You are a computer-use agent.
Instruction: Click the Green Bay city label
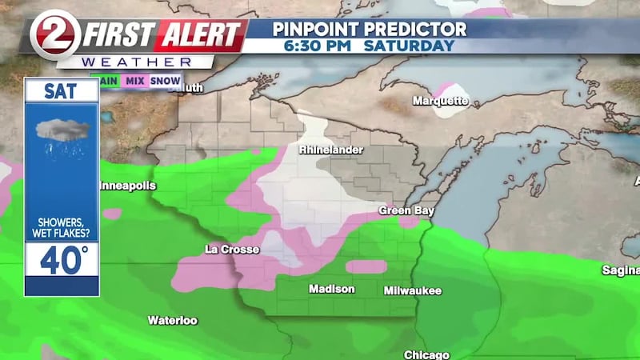click(x=400, y=210)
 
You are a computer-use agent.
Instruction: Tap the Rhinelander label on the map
click(x=331, y=150)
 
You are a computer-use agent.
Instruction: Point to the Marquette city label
click(x=440, y=101)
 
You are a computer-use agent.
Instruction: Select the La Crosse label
click(x=232, y=250)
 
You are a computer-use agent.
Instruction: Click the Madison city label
click(x=331, y=289)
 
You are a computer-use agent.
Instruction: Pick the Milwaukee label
click(x=412, y=290)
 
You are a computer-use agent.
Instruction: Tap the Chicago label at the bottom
click(x=426, y=354)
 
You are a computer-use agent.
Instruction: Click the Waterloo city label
click(x=172, y=320)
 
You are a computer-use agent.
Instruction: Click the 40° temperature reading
click(x=62, y=261)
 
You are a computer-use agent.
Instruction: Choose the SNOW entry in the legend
click(x=166, y=81)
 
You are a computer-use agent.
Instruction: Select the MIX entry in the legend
click(x=136, y=81)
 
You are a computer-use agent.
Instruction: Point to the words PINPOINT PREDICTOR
click(x=369, y=29)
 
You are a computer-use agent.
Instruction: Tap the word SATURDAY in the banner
click(x=409, y=46)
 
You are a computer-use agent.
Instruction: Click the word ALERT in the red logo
click(x=200, y=35)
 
